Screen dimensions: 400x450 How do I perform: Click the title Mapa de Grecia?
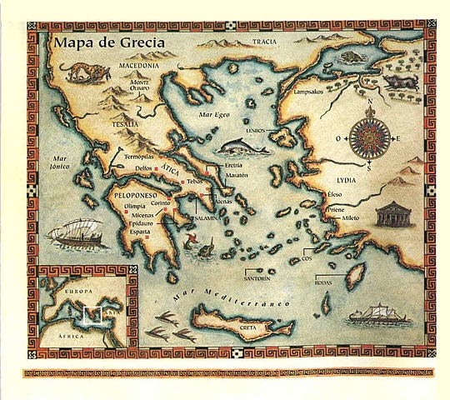coord(107,42)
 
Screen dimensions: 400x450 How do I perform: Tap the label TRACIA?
coord(264,42)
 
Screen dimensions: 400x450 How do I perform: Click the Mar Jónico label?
coord(59,162)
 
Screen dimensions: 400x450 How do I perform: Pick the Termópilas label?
coord(139,156)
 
